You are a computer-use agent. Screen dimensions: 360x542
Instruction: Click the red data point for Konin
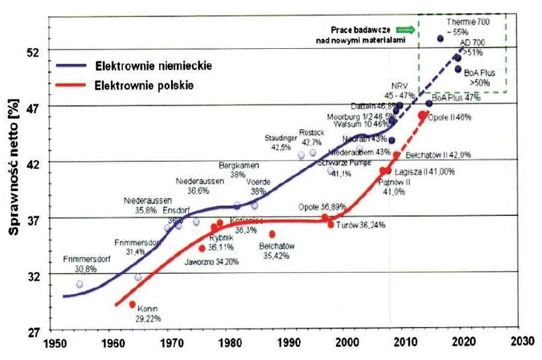[x=132, y=305]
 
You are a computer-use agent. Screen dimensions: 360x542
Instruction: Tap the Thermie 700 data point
[x=440, y=38]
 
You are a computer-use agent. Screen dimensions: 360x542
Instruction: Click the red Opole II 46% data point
[x=423, y=116]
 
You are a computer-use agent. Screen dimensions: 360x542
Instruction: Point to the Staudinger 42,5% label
[x=282, y=143]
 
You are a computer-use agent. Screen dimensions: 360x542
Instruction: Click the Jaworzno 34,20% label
[x=213, y=262]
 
